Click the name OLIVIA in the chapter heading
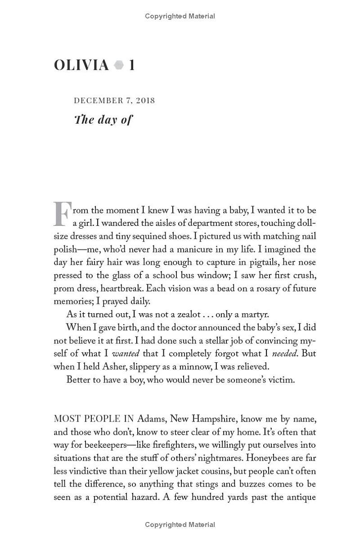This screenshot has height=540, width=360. tap(81, 65)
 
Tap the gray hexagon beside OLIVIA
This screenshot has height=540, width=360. tap(119, 65)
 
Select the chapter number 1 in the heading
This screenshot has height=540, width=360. tap(131, 65)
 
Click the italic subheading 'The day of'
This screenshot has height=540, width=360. tap(103, 120)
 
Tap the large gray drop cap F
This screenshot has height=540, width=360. tap(63, 214)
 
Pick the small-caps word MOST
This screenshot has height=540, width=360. tap(67, 419)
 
